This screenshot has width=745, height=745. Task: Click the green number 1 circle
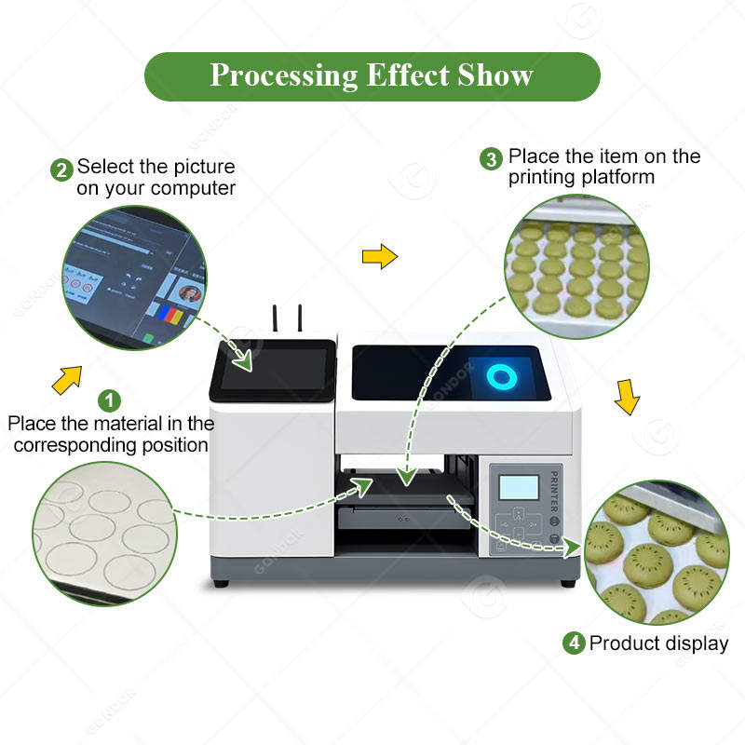(x=110, y=401)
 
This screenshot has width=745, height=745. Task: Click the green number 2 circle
(x=62, y=169)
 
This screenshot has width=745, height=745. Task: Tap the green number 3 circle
(x=492, y=158)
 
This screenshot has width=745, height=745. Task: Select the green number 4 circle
(x=574, y=643)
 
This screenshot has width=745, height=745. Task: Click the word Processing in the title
(x=278, y=75)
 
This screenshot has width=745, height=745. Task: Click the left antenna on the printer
(x=276, y=318)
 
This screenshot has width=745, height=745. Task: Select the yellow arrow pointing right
(x=379, y=257)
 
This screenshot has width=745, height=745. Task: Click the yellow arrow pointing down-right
(x=629, y=398)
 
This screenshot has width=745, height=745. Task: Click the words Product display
(x=658, y=643)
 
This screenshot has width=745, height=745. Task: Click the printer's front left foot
(x=220, y=584)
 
